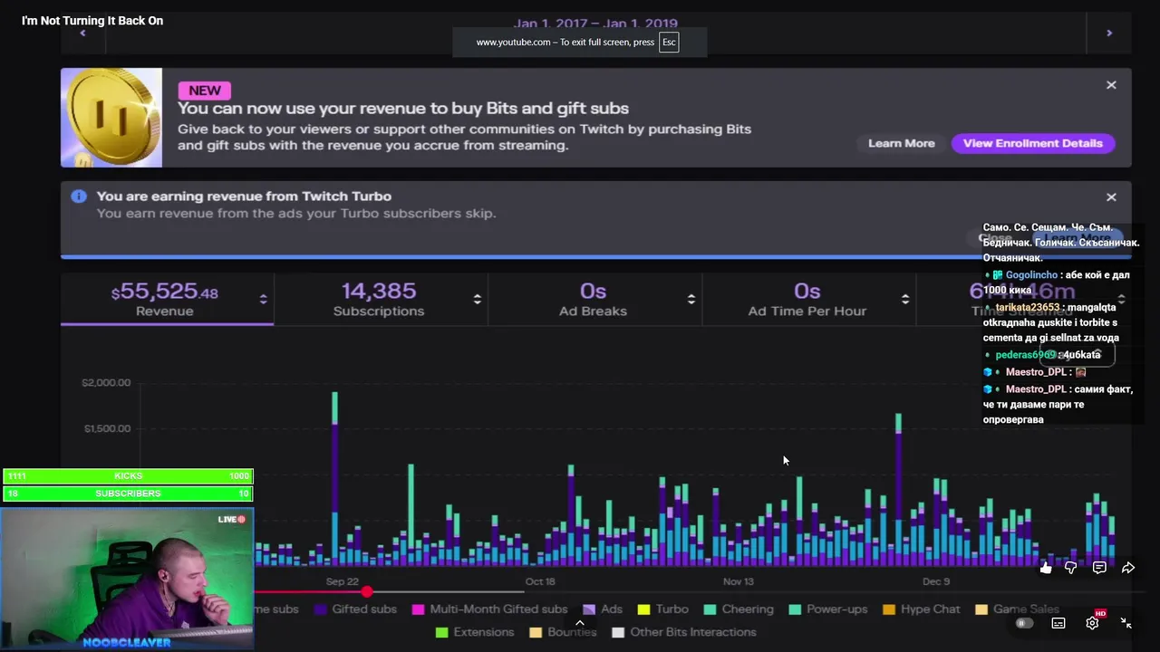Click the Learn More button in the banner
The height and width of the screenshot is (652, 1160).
click(x=901, y=143)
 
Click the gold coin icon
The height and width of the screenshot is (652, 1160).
click(x=111, y=118)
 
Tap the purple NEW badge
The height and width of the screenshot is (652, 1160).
click(x=205, y=91)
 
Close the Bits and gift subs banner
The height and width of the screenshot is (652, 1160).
click(x=1111, y=85)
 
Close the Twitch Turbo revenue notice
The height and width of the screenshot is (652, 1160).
click(x=1111, y=197)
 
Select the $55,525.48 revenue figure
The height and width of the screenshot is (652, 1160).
click(x=164, y=292)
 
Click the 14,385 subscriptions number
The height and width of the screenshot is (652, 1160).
click(x=379, y=292)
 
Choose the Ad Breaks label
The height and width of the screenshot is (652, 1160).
click(x=593, y=312)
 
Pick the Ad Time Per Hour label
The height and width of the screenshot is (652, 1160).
click(x=807, y=312)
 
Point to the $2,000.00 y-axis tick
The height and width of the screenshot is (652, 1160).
click(x=106, y=383)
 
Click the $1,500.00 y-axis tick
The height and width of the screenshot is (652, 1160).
click(x=106, y=429)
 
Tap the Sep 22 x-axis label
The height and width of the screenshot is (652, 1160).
click(x=343, y=581)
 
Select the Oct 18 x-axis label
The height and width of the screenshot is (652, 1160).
click(x=540, y=581)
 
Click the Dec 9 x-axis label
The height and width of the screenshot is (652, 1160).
click(x=936, y=581)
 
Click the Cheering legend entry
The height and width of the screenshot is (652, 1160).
click(x=747, y=609)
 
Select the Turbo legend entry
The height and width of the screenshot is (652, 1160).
click(x=672, y=609)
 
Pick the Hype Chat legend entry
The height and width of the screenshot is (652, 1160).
click(x=930, y=609)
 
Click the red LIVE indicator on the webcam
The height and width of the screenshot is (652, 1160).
click(x=232, y=520)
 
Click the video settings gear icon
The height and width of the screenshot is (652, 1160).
click(x=1092, y=623)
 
